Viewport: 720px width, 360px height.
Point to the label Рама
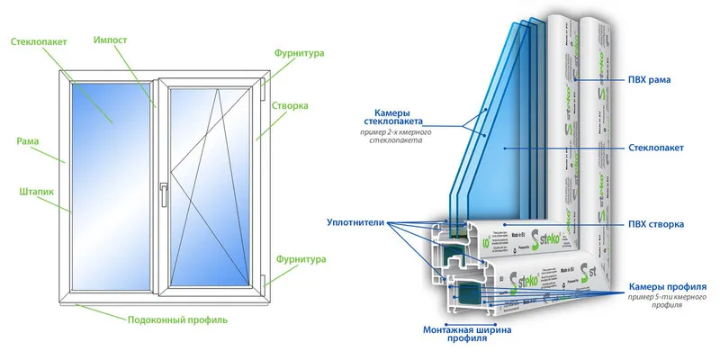pos(27,141)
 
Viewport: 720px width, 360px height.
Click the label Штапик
pos(33,191)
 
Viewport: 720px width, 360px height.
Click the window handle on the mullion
pos(162,194)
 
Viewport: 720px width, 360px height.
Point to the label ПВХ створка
pos(655,223)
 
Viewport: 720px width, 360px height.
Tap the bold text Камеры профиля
pos(667,286)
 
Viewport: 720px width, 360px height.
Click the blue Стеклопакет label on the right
pos(654,146)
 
